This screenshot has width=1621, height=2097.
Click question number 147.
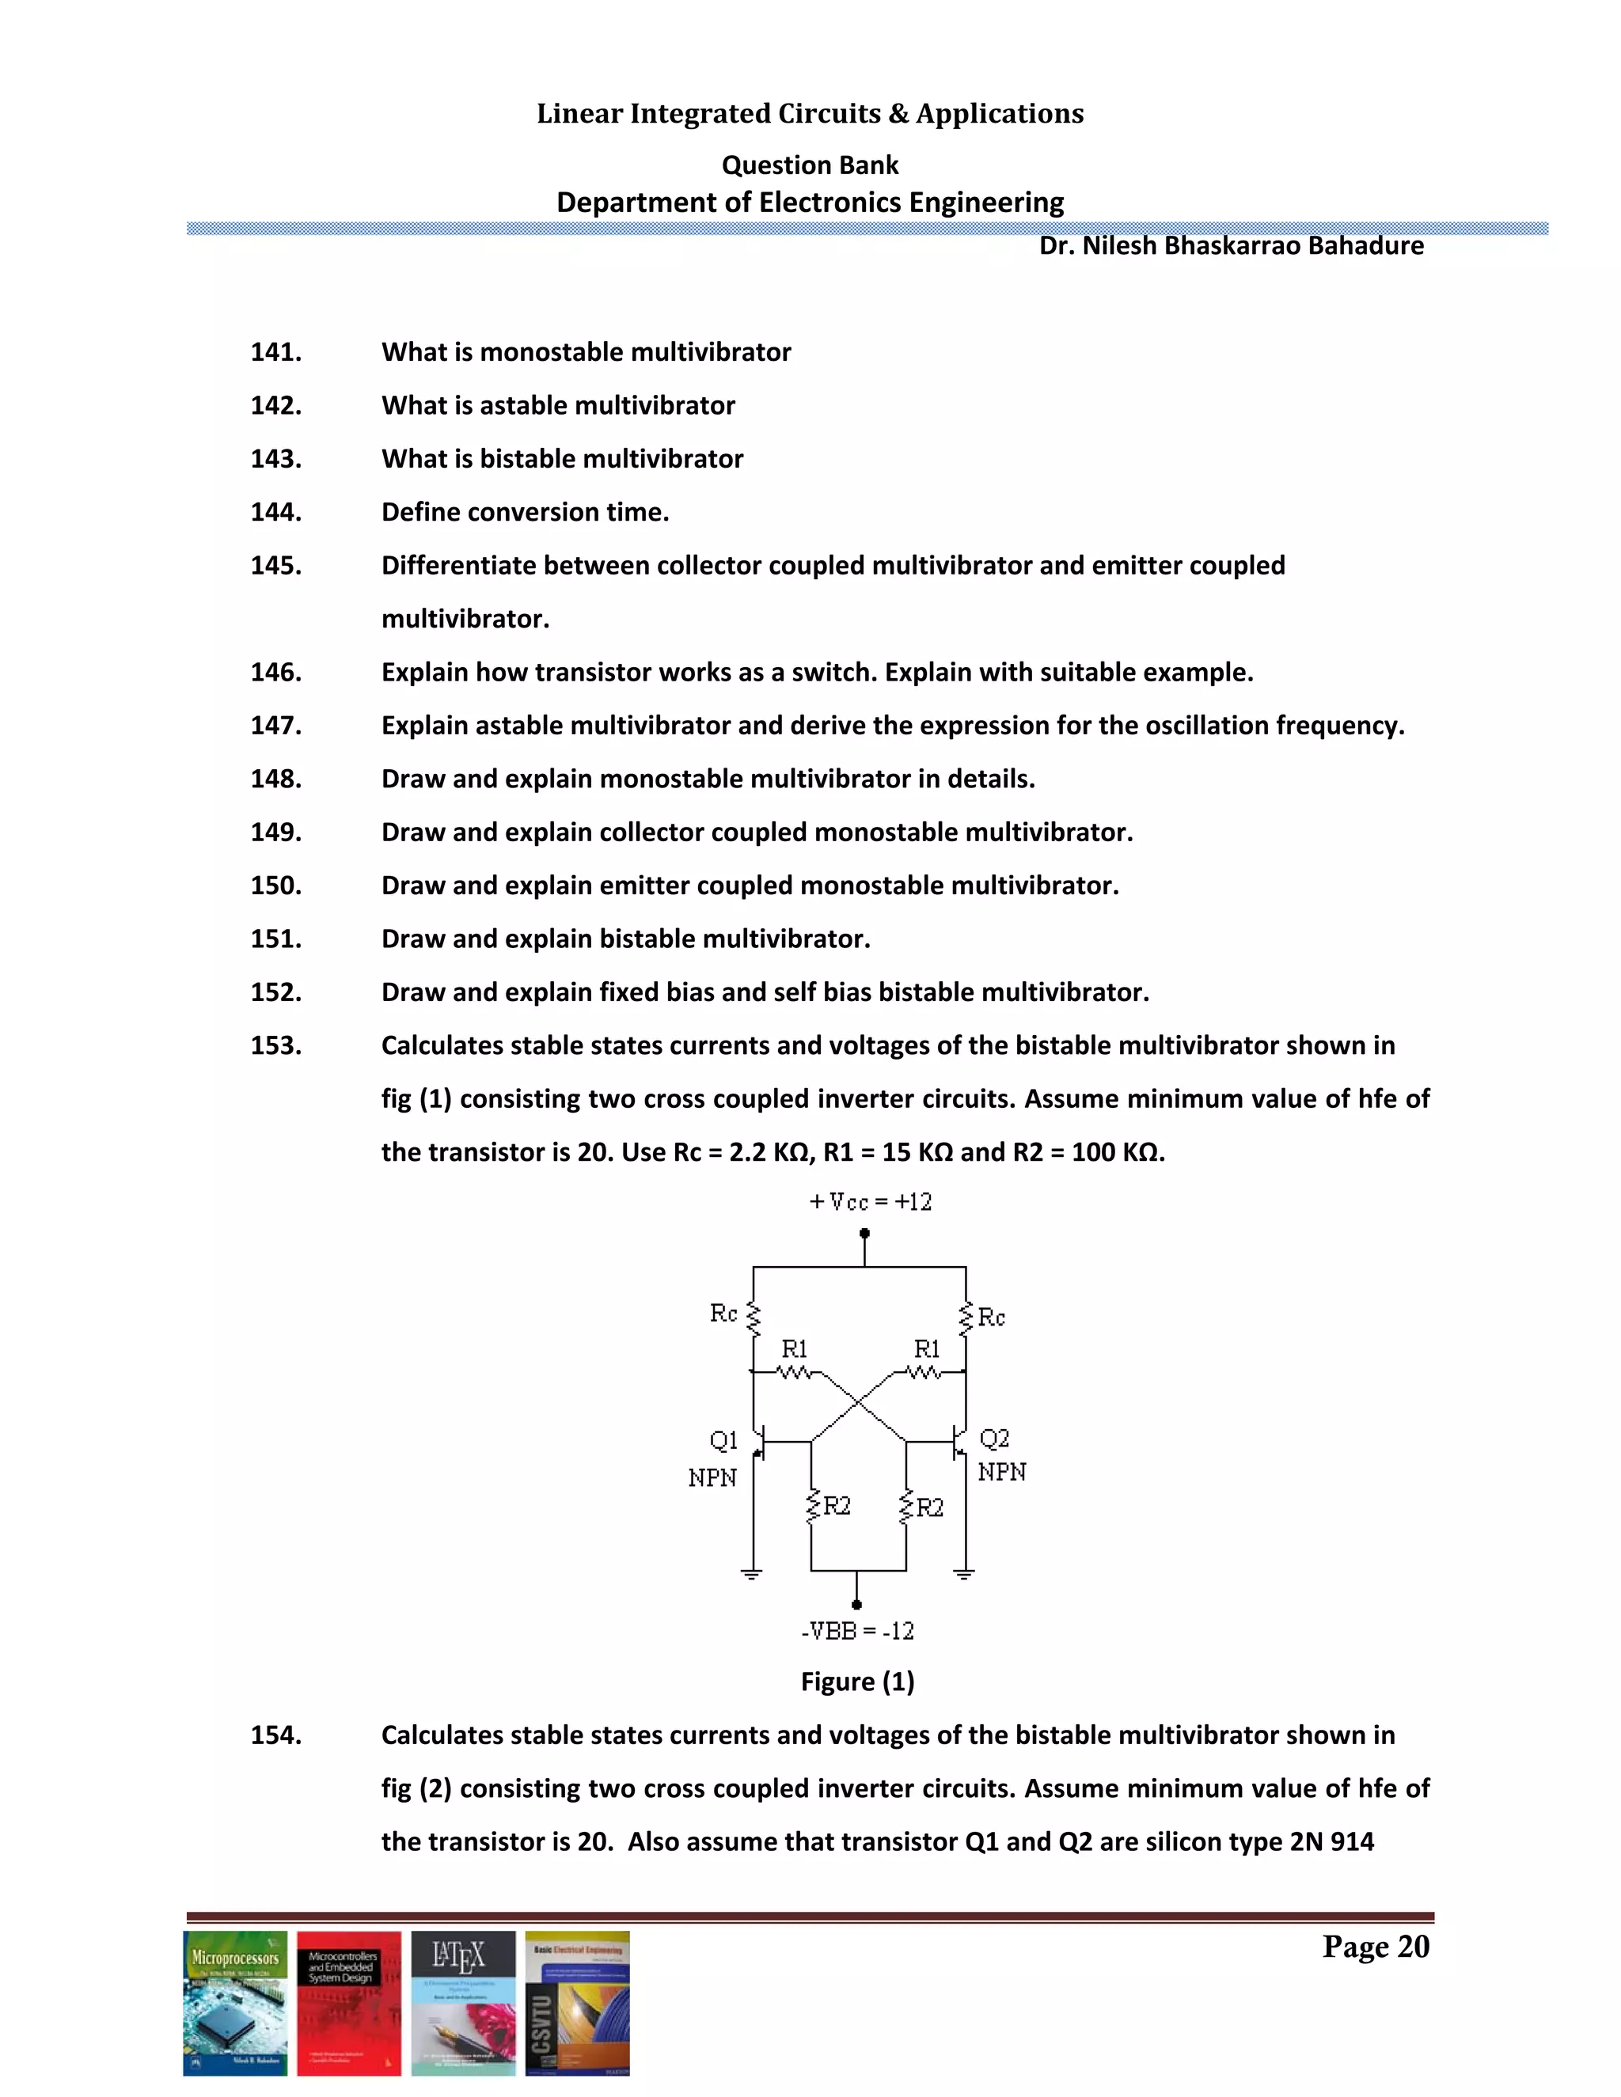click(x=275, y=726)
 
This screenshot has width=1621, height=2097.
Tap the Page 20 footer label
click(x=1375, y=1947)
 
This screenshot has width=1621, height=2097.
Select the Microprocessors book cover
click(x=235, y=2003)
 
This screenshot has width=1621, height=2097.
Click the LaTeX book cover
click(x=463, y=2003)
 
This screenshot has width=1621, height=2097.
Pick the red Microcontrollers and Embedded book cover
click(x=348, y=2003)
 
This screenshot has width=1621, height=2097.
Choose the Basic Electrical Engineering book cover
click(x=577, y=2003)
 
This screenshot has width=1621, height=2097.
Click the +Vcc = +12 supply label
click(x=870, y=1202)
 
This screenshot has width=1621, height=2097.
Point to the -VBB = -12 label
click(x=857, y=1630)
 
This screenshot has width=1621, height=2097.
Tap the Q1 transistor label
click(x=723, y=1440)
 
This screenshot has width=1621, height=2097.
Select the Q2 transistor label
click(x=994, y=1439)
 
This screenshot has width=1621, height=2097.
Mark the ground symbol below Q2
click(x=964, y=1574)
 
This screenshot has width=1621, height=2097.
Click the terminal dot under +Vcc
click(x=864, y=1233)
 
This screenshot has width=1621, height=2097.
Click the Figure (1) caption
click(x=857, y=1682)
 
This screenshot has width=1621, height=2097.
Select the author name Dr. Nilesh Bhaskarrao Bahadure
click(x=1230, y=246)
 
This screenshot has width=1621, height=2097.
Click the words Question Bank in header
click(x=810, y=165)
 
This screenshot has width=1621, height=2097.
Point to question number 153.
click(x=275, y=1045)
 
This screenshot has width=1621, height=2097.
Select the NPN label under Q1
click(x=712, y=1477)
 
